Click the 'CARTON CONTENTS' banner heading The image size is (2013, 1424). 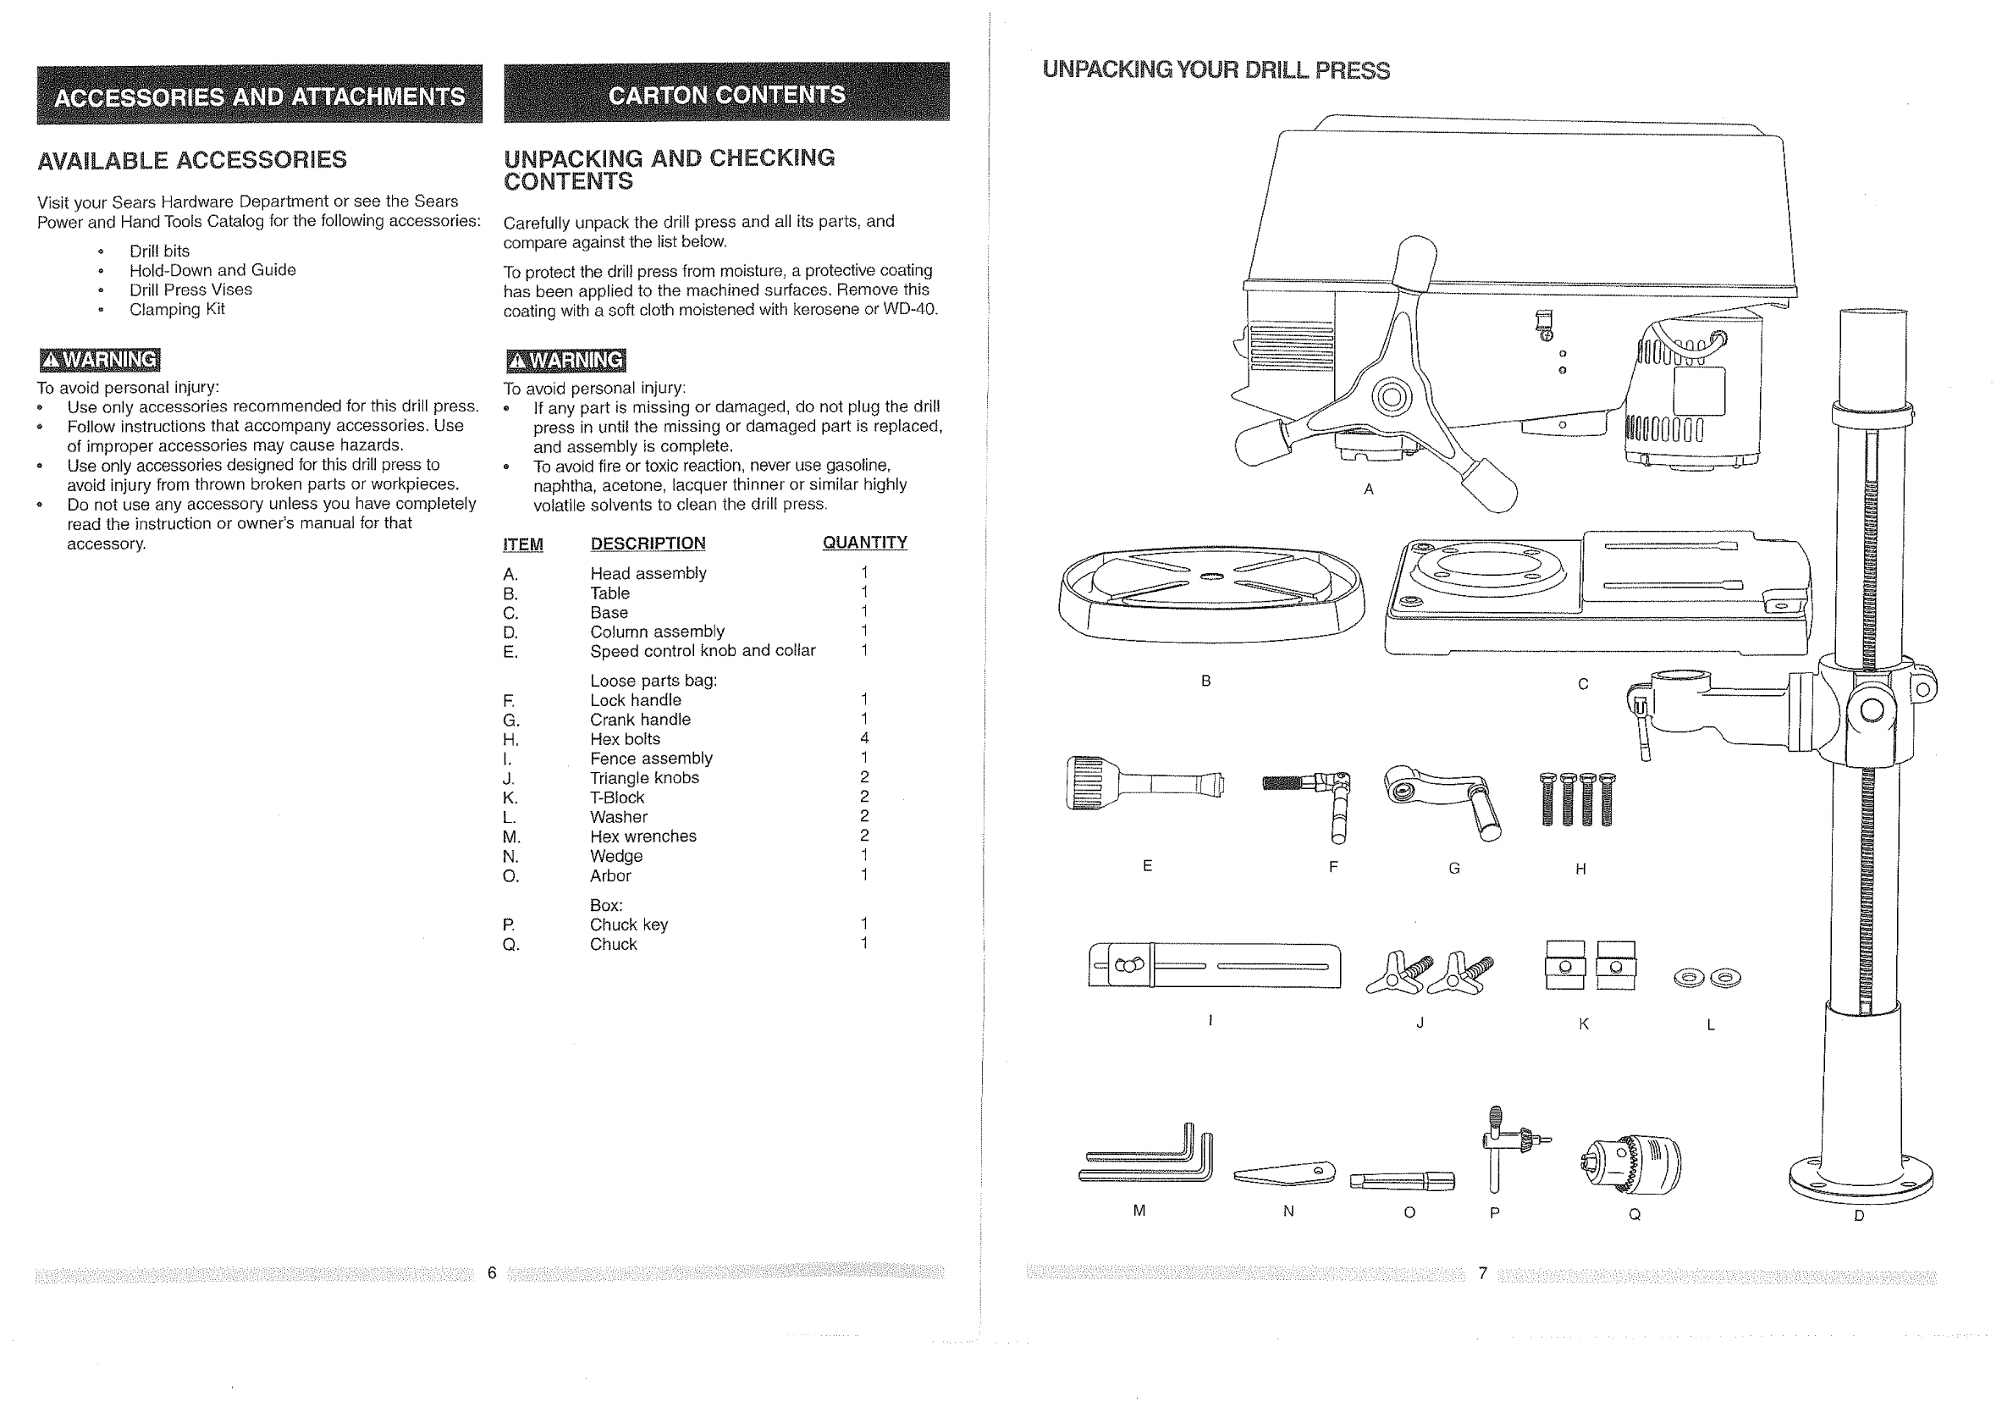click(726, 94)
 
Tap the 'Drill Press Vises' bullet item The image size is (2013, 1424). click(190, 290)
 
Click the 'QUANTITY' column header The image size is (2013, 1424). click(864, 543)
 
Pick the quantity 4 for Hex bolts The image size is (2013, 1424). click(864, 738)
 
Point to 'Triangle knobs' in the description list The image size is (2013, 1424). click(644, 778)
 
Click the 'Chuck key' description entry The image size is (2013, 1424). click(629, 925)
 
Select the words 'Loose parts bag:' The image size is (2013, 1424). click(654, 681)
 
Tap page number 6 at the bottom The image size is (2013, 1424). click(492, 1273)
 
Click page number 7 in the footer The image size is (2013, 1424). click(1482, 1273)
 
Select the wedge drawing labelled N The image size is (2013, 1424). click(1285, 1173)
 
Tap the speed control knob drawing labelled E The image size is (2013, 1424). click(1144, 783)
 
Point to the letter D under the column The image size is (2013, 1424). click(1859, 1217)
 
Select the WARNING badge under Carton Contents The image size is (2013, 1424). click(566, 361)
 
